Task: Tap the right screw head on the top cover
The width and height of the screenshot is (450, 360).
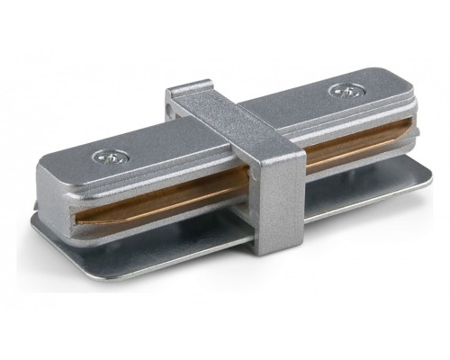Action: click(342, 90)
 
